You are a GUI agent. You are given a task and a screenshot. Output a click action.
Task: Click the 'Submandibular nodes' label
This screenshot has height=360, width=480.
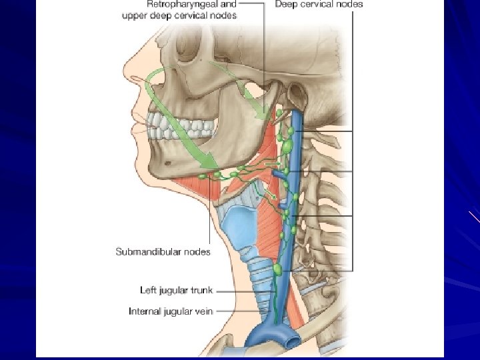(x=163, y=251)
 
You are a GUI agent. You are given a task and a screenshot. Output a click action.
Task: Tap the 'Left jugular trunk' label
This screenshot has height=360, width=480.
(x=176, y=290)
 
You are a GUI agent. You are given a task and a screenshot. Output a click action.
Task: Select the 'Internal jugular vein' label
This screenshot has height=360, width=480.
(x=170, y=311)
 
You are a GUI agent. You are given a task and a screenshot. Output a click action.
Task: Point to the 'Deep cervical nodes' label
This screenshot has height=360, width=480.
(x=319, y=4)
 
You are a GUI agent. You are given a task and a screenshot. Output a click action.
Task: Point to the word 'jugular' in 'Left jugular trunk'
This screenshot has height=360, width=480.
(x=175, y=291)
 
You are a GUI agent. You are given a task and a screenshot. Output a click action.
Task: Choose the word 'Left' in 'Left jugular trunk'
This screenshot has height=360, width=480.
(x=147, y=290)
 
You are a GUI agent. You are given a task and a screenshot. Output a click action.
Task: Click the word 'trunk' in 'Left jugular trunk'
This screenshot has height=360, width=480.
(x=201, y=290)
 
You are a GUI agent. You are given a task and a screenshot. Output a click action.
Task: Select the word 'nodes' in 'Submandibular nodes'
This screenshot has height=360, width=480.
(x=198, y=251)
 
